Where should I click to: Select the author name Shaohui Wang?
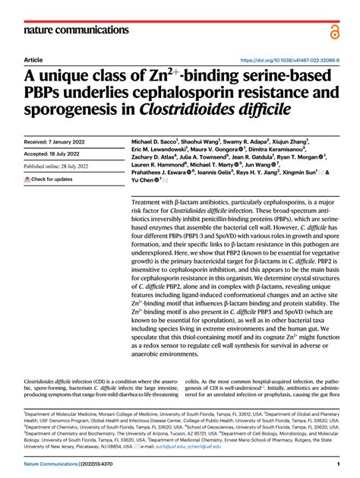[201, 142]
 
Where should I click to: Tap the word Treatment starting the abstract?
[150, 203]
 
